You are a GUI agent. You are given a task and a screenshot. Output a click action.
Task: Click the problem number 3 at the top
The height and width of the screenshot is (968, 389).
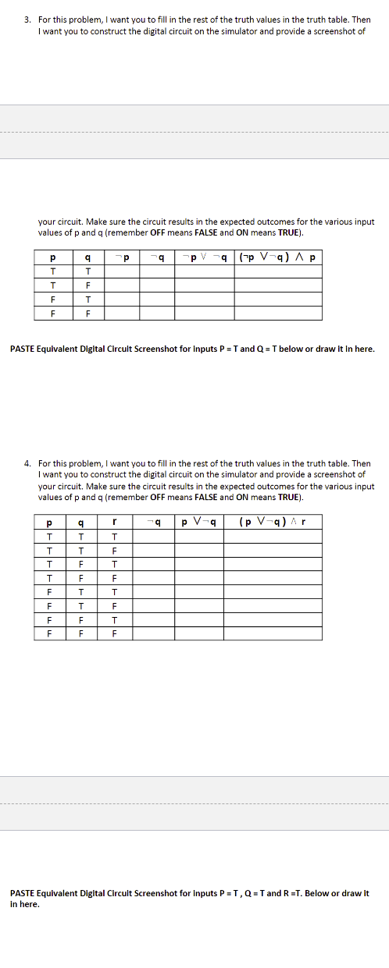click(x=27, y=18)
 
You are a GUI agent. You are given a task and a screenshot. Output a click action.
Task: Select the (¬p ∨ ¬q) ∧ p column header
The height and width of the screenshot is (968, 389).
click(x=278, y=257)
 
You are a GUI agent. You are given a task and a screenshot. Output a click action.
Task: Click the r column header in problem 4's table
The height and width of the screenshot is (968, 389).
click(x=115, y=522)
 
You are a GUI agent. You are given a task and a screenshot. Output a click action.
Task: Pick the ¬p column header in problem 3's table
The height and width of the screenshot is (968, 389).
click(x=122, y=257)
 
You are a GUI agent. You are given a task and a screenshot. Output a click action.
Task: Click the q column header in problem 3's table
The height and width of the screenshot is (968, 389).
click(x=87, y=257)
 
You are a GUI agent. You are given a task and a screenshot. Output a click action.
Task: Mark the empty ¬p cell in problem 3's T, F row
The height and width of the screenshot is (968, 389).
click(x=122, y=285)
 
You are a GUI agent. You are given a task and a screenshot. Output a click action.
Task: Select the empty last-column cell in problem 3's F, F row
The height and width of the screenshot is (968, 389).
click(x=278, y=313)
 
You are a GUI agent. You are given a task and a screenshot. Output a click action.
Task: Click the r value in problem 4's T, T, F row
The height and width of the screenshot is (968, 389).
click(x=115, y=550)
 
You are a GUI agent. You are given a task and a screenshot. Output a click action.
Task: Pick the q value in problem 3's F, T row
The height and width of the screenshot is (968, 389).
click(x=87, y=299)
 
